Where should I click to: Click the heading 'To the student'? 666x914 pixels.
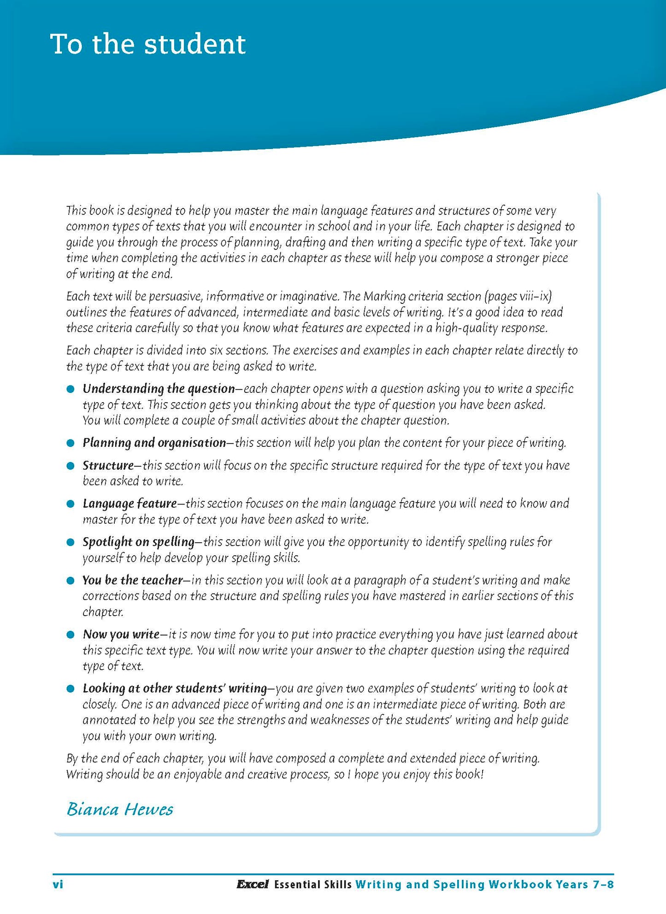pos(147,45)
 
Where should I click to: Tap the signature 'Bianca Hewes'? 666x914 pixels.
pos(120,809)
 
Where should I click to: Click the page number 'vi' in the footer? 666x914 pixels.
pos(58,884)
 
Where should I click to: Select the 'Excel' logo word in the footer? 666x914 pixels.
pos(252,884)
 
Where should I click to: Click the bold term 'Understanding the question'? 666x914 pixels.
pos(159,389)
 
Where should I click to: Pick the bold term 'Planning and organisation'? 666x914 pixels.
pos(154,443)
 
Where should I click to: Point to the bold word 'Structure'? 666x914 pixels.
pos(108,465)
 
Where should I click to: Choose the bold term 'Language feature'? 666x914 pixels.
pos(130,503)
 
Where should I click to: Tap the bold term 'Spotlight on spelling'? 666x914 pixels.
pos(138,541)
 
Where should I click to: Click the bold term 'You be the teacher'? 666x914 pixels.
pos(133,580)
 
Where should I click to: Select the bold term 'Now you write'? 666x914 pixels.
pos(121,634)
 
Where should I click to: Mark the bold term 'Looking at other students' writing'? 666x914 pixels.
pos(174,688)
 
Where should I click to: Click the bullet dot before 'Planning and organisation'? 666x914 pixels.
pos(71,443)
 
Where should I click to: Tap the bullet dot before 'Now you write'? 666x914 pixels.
pos(71,635)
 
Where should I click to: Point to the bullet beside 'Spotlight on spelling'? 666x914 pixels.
pos(71,542)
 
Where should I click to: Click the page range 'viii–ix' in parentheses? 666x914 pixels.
pos(535,296)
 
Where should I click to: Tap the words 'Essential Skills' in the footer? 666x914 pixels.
pos(313,884)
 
